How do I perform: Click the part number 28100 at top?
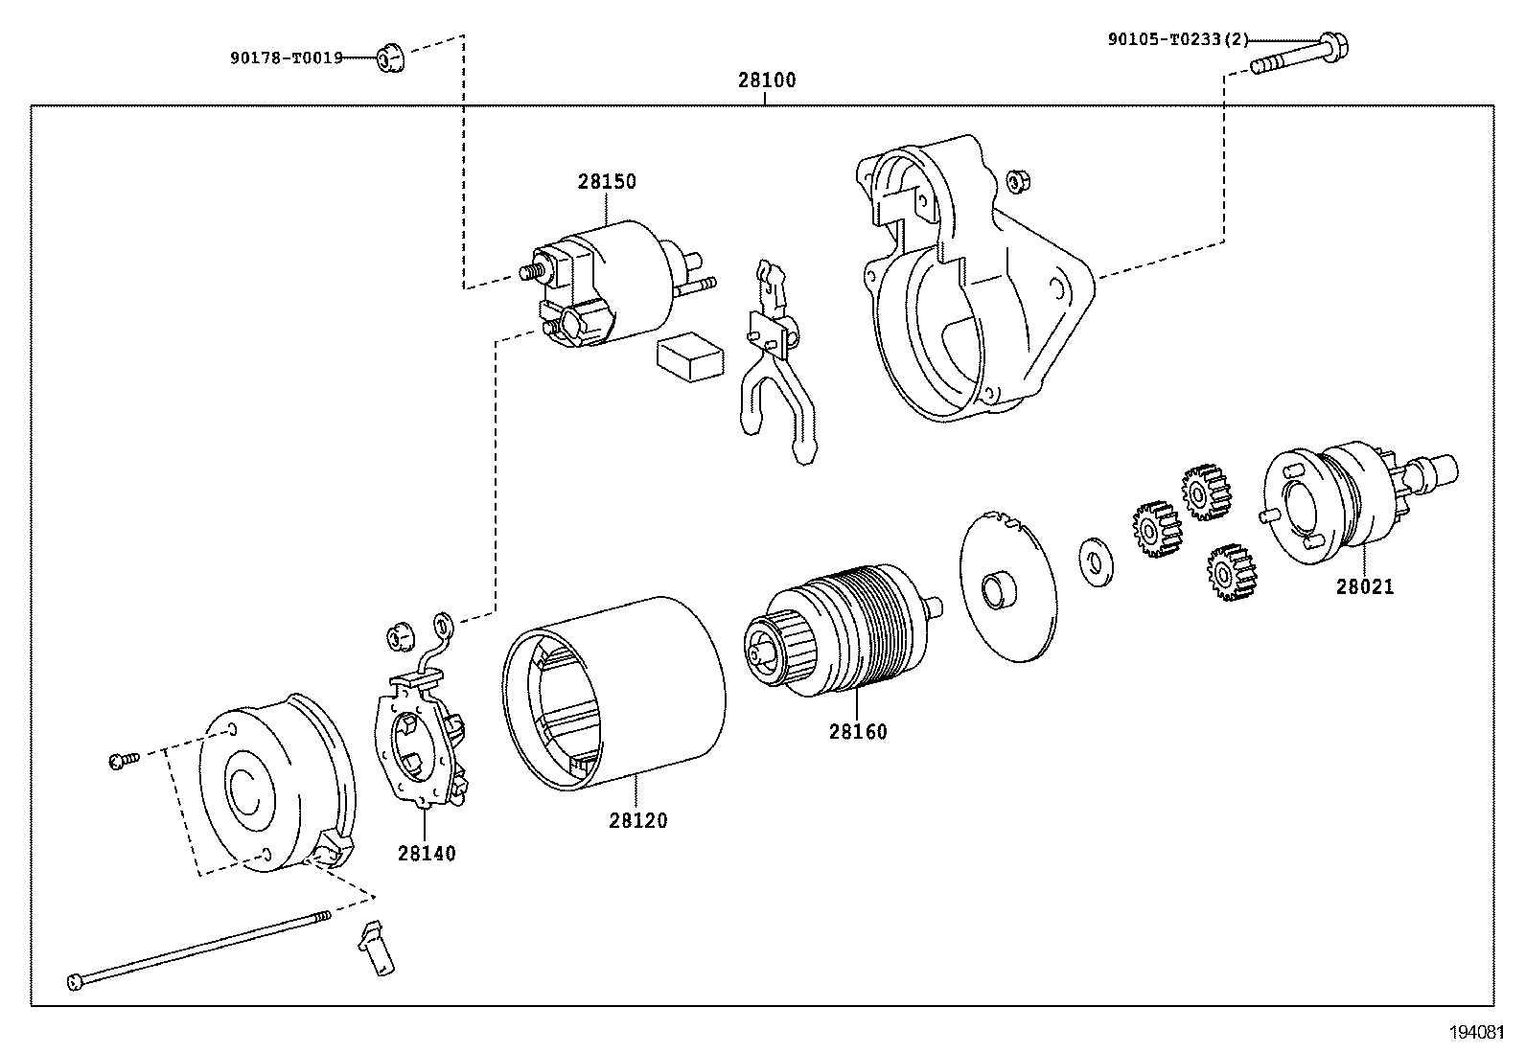coord(766,80)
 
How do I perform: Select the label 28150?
coord(606,181)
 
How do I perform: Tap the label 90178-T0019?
coord(286,57)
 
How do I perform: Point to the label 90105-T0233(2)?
coord(1178,39)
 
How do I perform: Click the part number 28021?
coord(1365,586)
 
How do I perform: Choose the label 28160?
coord(858,731)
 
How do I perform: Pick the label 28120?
coord(637,820)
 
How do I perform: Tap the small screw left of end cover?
coord(124,760)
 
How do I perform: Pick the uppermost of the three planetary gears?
coord(1206,492)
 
